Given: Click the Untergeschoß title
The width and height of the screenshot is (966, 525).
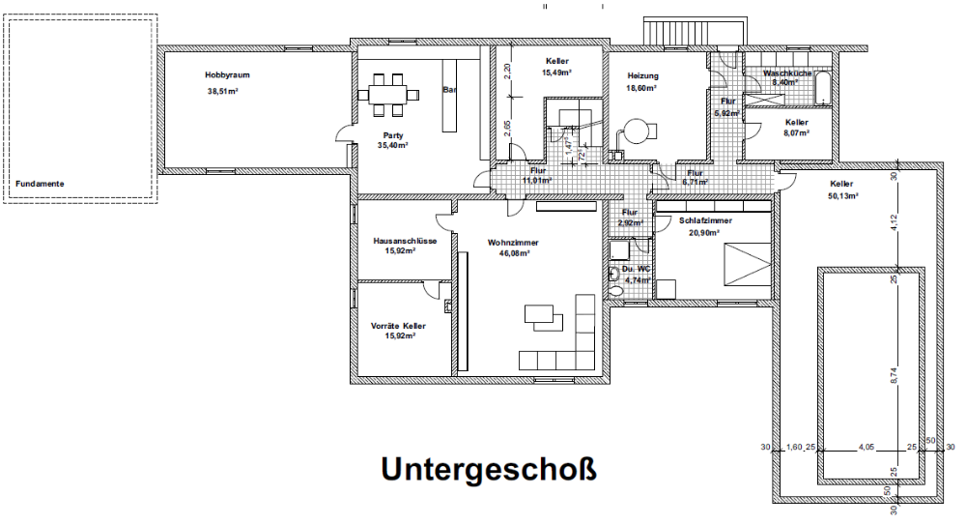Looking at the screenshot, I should [489, 469].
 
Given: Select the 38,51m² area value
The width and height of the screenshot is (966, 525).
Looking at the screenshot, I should [222, 91].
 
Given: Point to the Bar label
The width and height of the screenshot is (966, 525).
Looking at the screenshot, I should [449, 90].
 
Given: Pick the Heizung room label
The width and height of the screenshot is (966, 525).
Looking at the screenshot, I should [642, 75].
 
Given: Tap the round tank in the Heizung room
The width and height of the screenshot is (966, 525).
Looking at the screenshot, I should [637, 129].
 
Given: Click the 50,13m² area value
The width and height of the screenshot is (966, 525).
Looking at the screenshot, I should [843, 195].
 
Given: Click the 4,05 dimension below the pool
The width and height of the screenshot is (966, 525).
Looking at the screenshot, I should [867, 448].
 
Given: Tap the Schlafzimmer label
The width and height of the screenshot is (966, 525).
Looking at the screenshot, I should [706, 220].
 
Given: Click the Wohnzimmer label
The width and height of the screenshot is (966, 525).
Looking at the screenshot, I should [513, 243].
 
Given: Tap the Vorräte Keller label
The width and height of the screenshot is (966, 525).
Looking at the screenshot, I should [399, 326].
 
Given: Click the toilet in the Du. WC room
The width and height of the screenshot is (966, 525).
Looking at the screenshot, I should [615, 275].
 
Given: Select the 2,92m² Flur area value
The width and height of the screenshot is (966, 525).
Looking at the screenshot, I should [632, 223].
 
